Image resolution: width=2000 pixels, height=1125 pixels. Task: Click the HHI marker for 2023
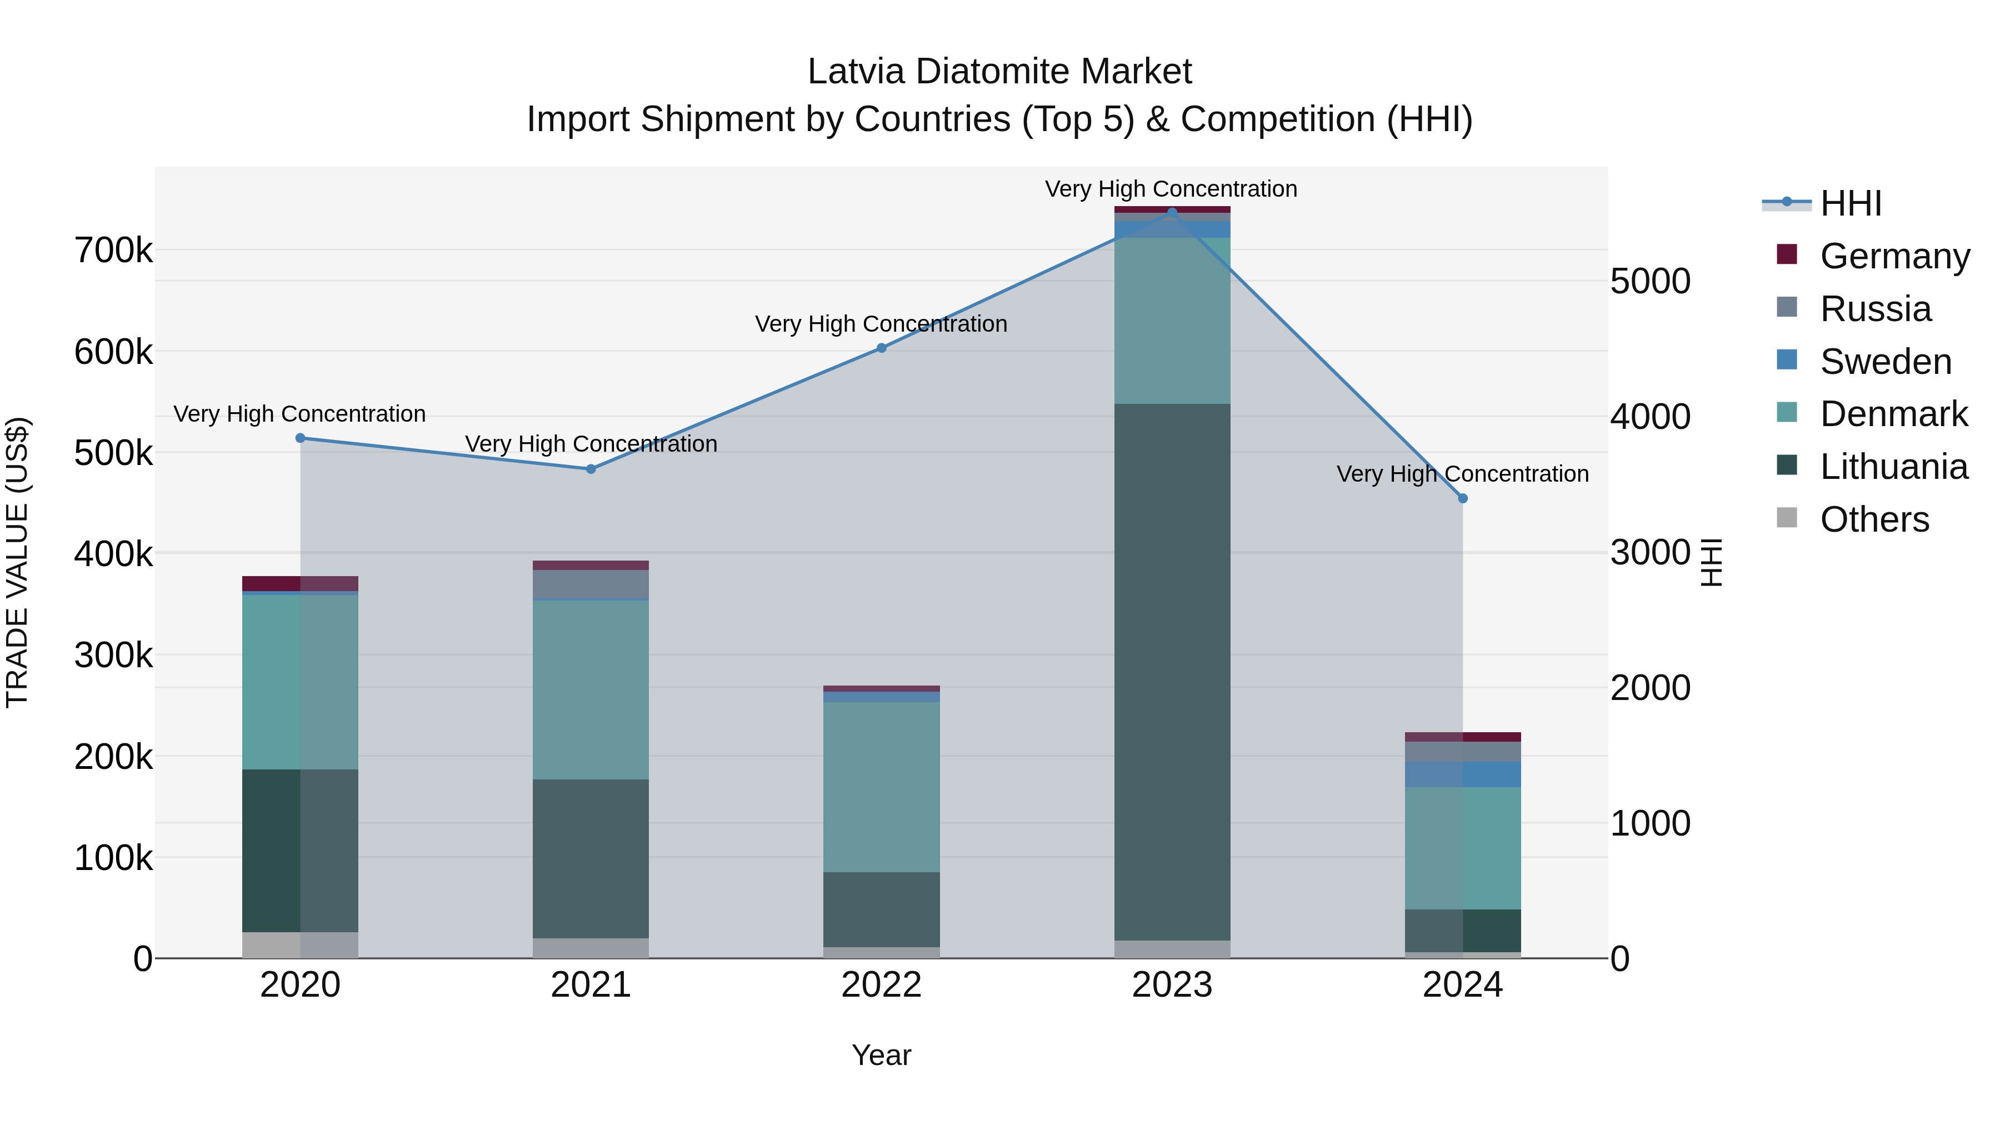coord(1172,212)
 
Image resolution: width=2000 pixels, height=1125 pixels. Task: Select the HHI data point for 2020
coord(301,438)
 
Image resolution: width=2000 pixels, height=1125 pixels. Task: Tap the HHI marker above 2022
coord(881,348)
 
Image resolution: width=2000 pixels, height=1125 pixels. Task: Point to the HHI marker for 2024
coord(1463,498)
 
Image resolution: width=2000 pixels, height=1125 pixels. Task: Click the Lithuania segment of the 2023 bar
coord(1172,672)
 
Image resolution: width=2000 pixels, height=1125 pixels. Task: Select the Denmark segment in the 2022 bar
coord(881,787)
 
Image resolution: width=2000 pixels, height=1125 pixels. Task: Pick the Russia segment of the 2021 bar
coord(591,584)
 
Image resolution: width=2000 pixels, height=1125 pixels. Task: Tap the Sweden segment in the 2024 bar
coord(1463,774)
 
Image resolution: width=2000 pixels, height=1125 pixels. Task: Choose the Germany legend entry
coord(1894,256)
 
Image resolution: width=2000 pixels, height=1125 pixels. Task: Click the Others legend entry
coord(1874,519)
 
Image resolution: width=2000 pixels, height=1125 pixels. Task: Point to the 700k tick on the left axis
coord(113,251)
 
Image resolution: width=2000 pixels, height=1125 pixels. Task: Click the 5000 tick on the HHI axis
coord(1651,281)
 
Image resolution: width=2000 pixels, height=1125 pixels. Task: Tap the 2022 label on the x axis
coord(881,985)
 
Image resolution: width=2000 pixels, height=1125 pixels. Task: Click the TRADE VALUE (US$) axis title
coord(17,562)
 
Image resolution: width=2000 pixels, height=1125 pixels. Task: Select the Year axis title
coord(881,1055)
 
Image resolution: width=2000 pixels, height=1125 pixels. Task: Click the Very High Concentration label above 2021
coord(591,444)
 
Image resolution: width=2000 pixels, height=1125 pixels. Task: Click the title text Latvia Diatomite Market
coord(999,72)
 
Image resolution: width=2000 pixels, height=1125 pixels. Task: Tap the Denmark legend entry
coord(1894,414)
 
